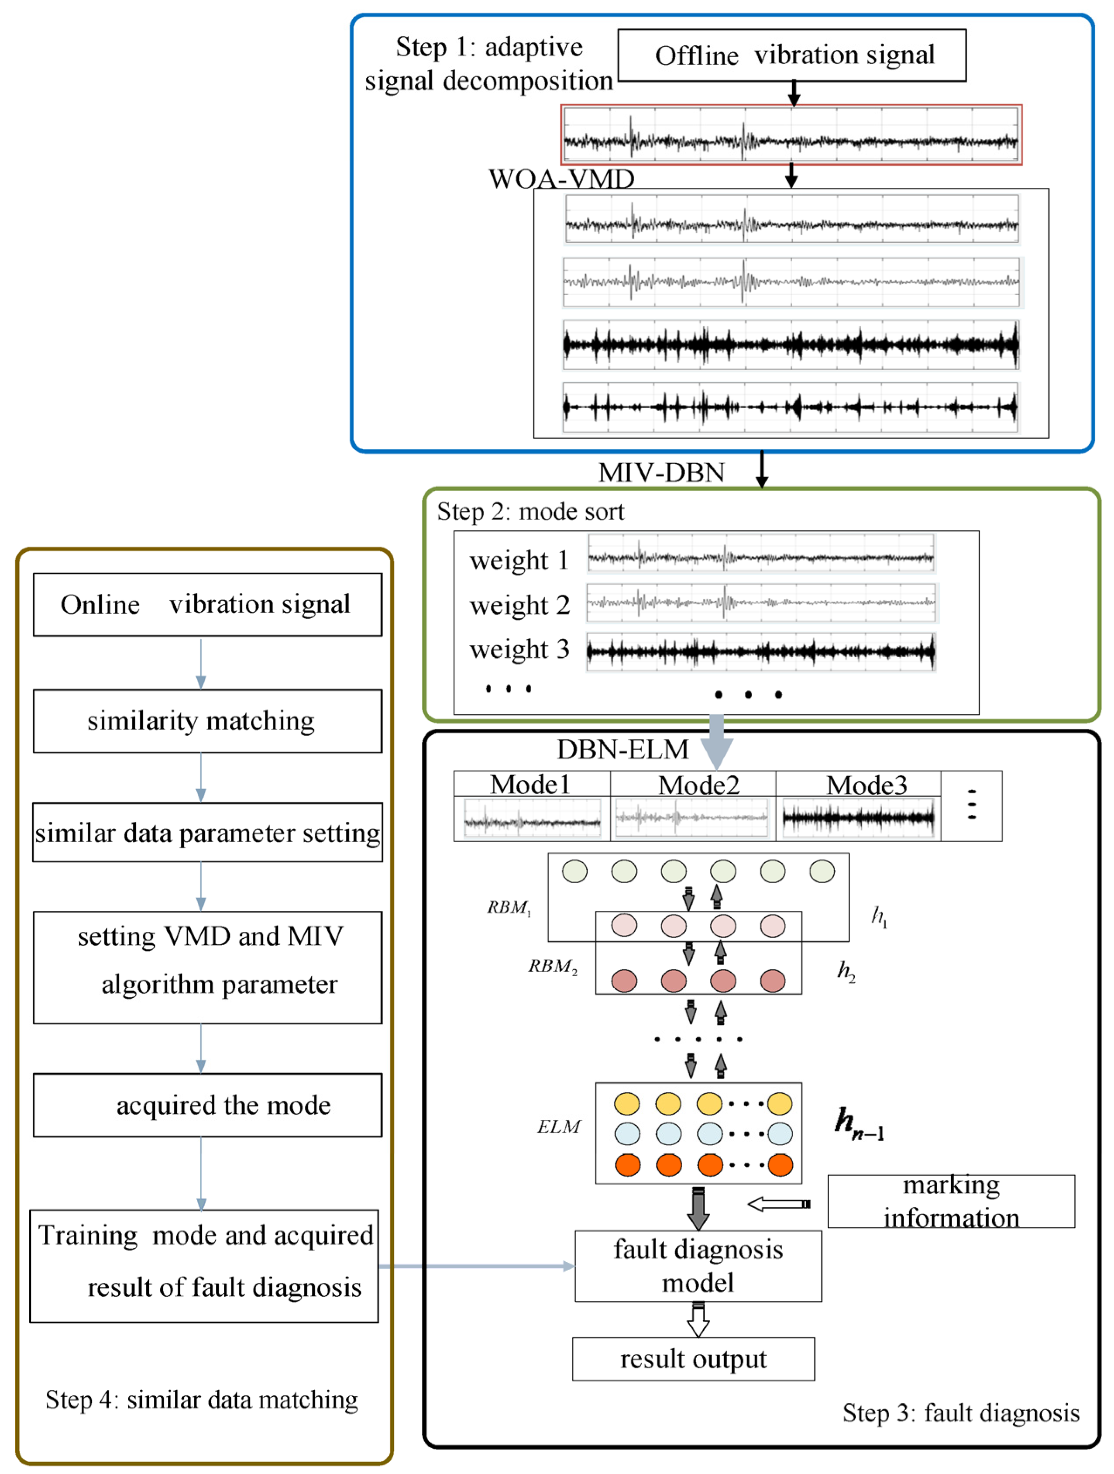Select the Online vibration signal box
tap(207, 604)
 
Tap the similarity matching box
tap(207, 720)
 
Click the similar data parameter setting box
tap(207, 832)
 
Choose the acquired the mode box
tap(207, 1104)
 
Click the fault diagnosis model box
tap(697, 1265)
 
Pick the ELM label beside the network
tap(558, 1126)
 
